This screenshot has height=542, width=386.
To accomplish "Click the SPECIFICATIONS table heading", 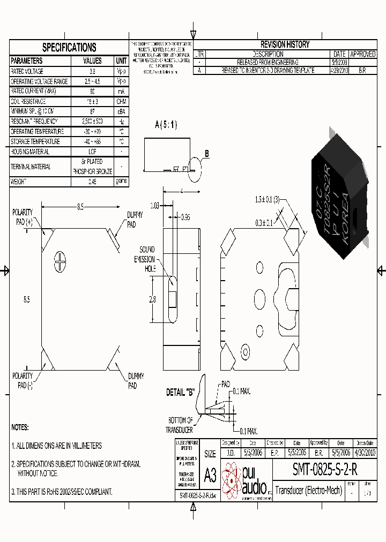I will pyautogui.click(x=69, y=47).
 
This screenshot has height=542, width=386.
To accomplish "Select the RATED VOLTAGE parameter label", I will pyautogui.click(x=27, y=71).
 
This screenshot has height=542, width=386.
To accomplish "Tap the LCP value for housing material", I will pyautogui.click(x=92, y=152).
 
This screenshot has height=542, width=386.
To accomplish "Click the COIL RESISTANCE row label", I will pyautogui.click(x=28, y=102).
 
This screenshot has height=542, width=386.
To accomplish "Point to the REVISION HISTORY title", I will pyautogui.click(x=285, y=44).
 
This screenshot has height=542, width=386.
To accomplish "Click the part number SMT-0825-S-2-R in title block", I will pyautogui.click(x=324, y=469).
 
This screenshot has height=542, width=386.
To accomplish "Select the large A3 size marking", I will pyautogui.click(x=210, y=475).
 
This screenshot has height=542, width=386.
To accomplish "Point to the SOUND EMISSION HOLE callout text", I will pyautogui.click(x=146, y=259).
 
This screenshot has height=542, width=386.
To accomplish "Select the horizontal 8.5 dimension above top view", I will pyautogui.click(x=80, y=207).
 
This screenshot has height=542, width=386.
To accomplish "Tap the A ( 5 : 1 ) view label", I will pyautogui.click(x=166, y=125).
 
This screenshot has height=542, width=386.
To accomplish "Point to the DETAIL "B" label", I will pyautogui.click(x=180, y=393).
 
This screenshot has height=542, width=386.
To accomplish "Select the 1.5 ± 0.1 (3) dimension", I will pyautogui.click(x=268, y=200).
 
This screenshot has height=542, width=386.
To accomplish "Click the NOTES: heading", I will pyautogui.click(x=20, y=428).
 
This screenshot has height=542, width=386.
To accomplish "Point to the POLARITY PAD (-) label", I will pyautogui.click(x=23, y=380).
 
